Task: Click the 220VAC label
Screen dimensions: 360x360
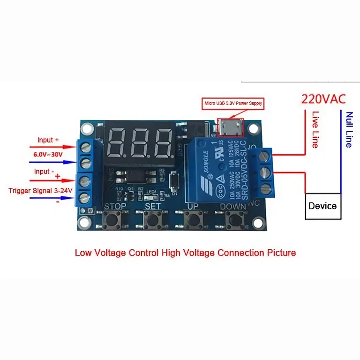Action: (x=323, y=99)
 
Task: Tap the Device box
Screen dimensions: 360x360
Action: (x=322, y=206)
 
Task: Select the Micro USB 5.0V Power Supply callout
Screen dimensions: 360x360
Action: (x=232, y=103)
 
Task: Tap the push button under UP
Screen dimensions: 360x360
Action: (x=192, y=219)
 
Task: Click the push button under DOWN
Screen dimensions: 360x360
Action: (x=233, y=219)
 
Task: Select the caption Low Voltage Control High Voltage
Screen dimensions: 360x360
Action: (x=186, y=253)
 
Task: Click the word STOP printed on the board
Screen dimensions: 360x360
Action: (x=115, y=206)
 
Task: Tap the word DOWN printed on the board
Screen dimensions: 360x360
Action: (x=232, y=206)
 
